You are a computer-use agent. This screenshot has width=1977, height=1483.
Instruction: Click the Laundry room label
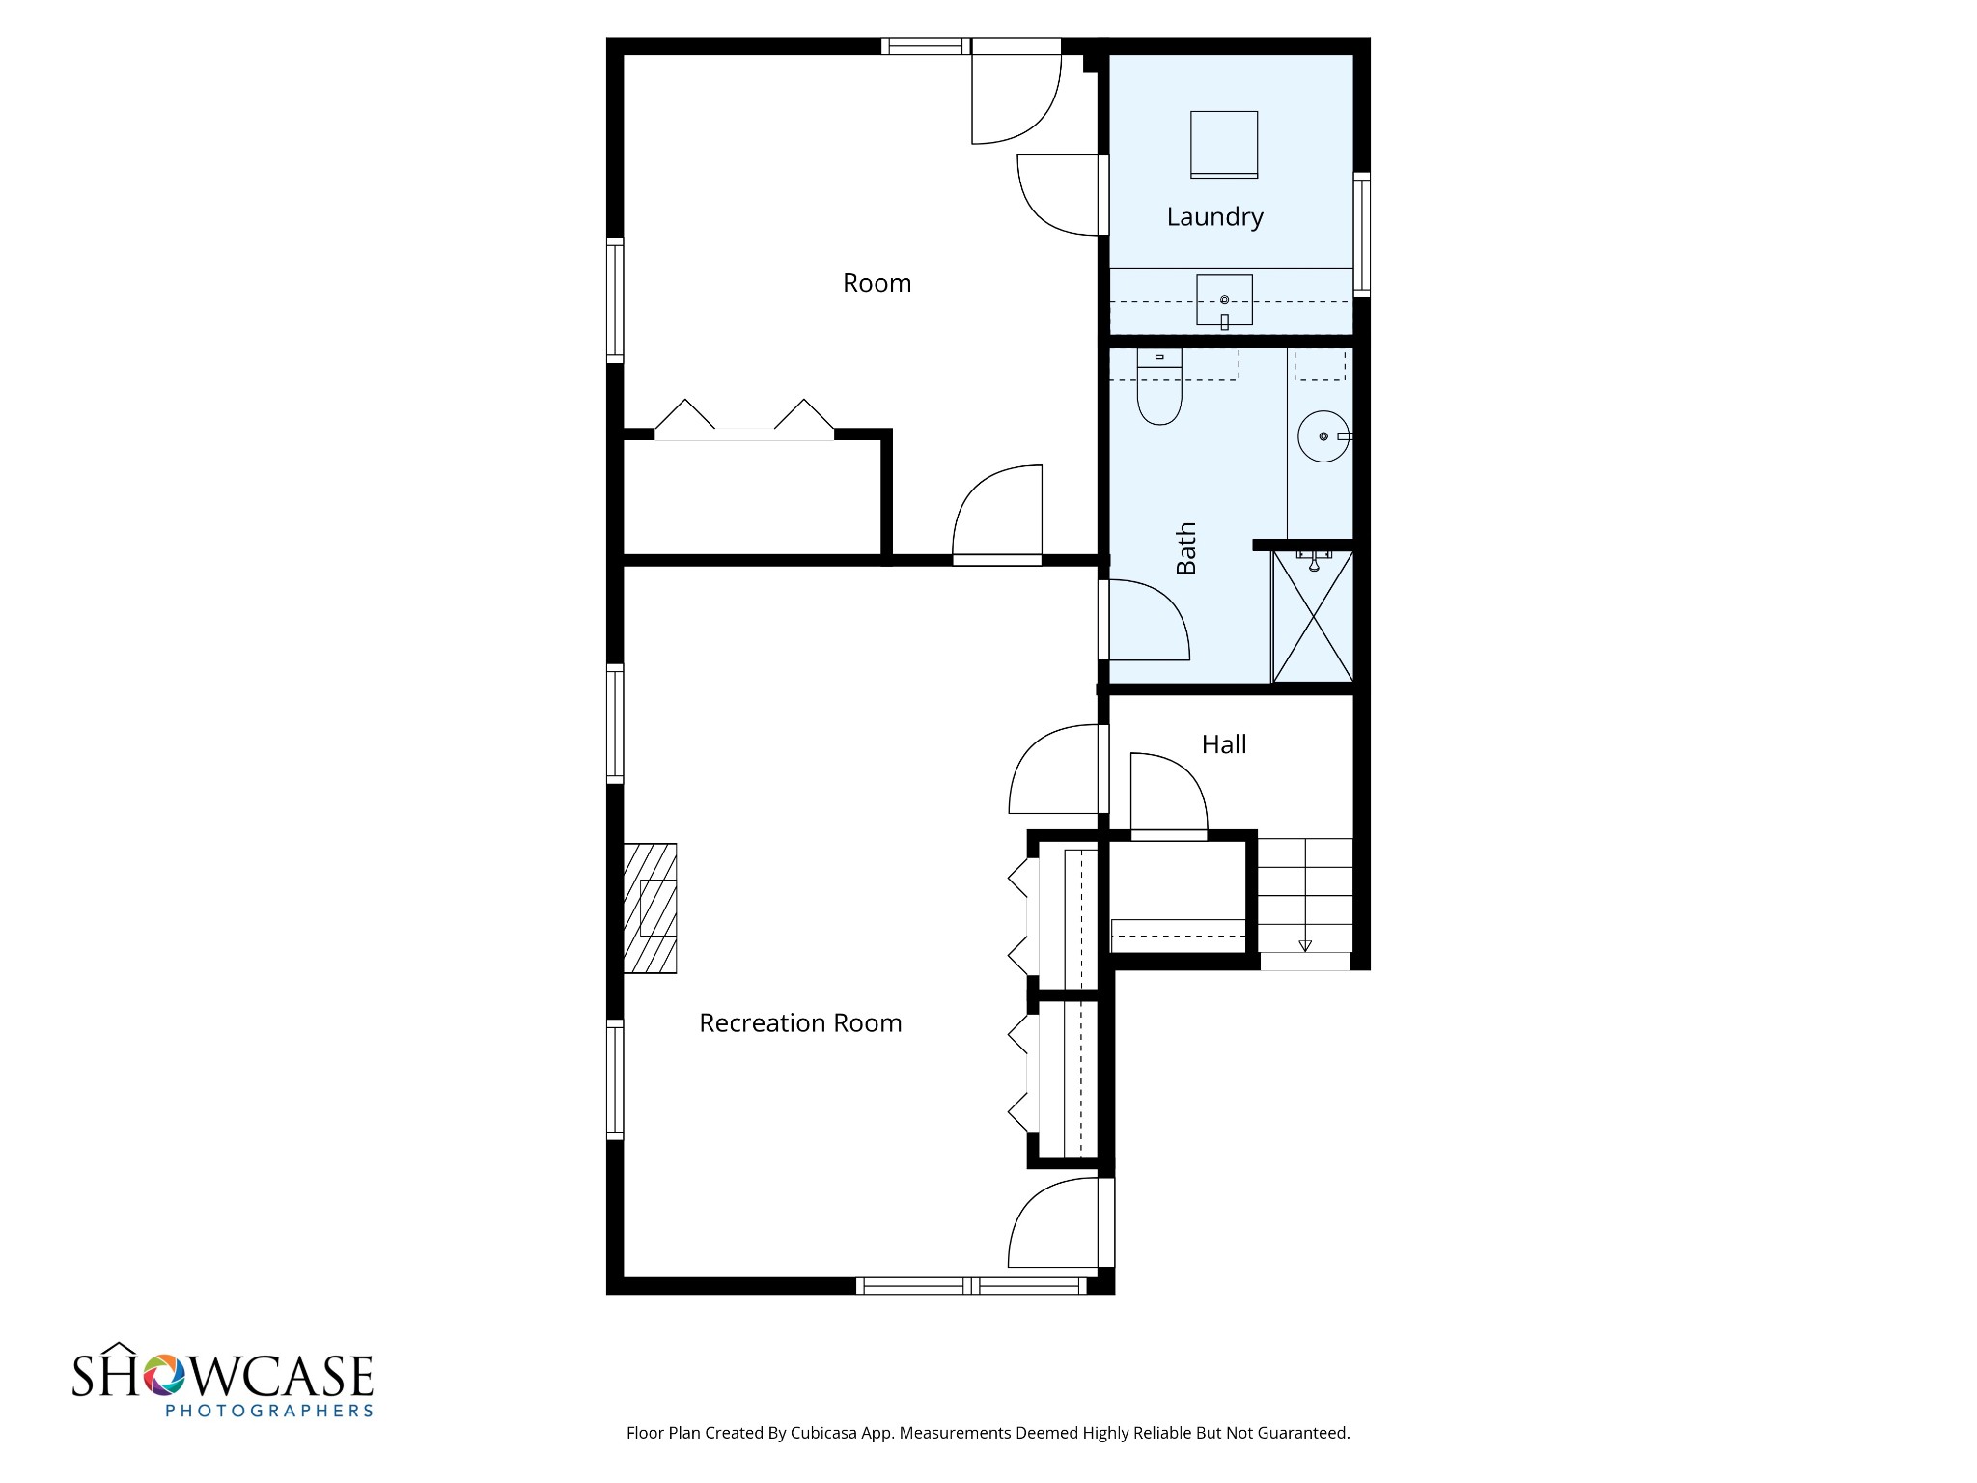click(1214, 217)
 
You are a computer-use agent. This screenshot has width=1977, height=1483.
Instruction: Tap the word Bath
click(1186, 548)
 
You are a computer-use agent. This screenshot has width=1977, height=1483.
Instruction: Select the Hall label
click(1224, 744)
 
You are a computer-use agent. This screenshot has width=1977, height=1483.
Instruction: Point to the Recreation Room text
click(800, 1023)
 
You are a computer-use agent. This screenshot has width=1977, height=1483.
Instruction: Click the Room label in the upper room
click(877, 283)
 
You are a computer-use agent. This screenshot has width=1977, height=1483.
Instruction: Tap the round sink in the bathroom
click(1323, 436)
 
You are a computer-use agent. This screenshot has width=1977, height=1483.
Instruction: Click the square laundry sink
click(1224, 300)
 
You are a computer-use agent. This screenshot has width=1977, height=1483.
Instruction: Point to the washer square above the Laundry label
click(1224, 144)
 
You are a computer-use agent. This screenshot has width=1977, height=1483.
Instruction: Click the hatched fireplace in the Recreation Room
click(650, 909)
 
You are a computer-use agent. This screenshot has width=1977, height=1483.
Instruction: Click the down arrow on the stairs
click(1305, 945)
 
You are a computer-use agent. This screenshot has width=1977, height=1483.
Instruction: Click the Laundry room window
click(1361, 233)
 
